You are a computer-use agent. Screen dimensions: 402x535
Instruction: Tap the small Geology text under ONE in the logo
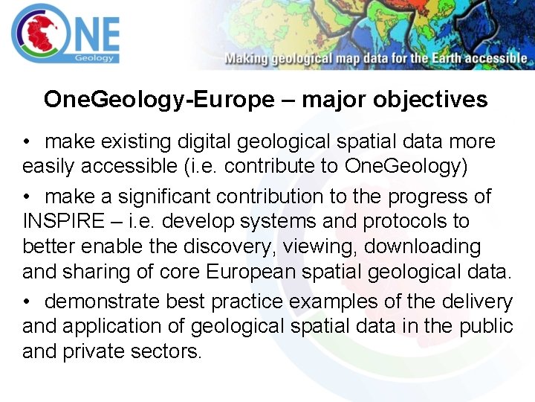click(x=94, y=57)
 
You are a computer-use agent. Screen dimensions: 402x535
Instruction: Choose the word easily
click(x=49, y=166)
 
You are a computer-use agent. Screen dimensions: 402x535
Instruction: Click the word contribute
click(x=269, y=166)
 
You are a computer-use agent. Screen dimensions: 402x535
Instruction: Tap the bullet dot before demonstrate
click(x=27, y=301)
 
